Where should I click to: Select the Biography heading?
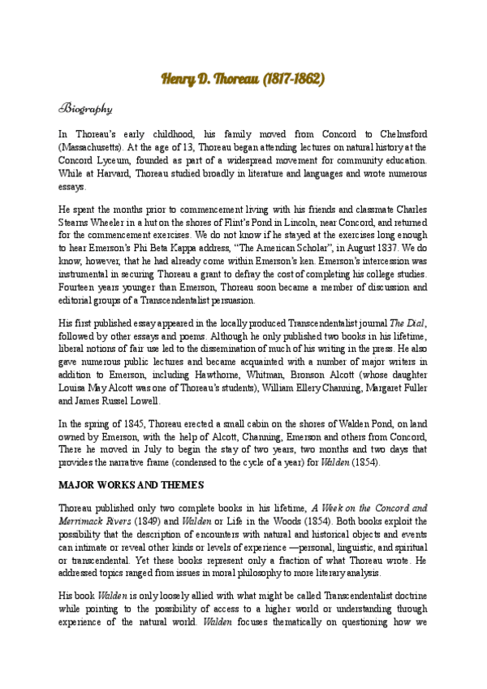[85, 108]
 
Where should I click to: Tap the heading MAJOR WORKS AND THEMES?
[130, 485]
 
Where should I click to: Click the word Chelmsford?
[403, 133]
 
